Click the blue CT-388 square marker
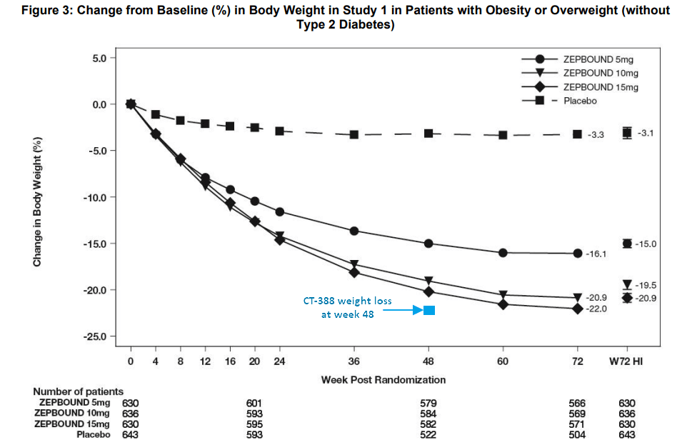(429, 310)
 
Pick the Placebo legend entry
(580, 101)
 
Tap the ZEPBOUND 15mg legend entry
(601, 86)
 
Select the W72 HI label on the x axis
(626, 361)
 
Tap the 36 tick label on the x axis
(354, 361)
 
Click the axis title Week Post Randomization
(383, 379)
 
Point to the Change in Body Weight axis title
(37, 201)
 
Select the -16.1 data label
(596, 254)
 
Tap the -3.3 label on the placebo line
(596, 134)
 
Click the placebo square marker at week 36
(354, 134)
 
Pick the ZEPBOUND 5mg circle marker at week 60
(503, 253)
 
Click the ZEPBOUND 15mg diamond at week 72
(577, 309)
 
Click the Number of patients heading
(78, 391)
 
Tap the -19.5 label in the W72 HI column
(645, 284)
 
